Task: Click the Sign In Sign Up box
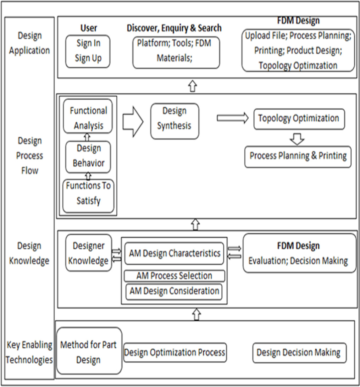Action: (x=88, y=51)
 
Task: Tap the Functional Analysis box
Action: (x=88, y=118)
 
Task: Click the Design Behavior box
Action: (x=88, y=156)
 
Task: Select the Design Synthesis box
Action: (x=175, y=121)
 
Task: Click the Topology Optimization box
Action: (x=299, y=119)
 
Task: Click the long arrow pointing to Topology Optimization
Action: (x=233, y=118)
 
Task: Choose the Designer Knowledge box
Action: (x=88, y=253)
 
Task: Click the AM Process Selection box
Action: (x=175, y=276)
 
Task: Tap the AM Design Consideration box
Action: (x=174, y=292)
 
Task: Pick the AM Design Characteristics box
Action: (x=174, y=254)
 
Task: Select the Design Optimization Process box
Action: (x=175, y=353)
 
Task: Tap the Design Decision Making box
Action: (x=299, y=353)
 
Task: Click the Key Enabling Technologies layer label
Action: (x=29, y=352)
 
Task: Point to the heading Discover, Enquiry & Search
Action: (x=174, y=28)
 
